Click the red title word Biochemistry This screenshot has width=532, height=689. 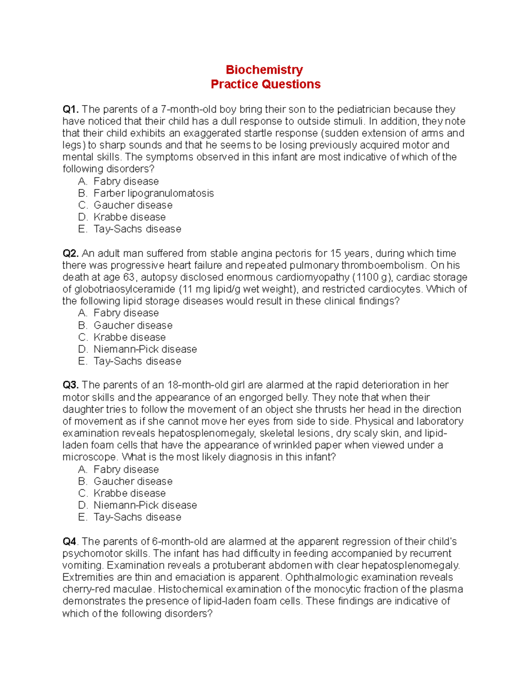264,70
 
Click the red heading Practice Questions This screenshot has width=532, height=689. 266,84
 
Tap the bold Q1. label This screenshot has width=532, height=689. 70,109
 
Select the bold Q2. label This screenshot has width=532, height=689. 70,253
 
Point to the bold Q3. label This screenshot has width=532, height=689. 70,385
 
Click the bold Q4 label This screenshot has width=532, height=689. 69,541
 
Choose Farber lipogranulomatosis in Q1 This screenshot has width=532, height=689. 153,193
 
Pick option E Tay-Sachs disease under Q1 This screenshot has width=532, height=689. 137,229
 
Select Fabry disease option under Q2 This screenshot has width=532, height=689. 126,313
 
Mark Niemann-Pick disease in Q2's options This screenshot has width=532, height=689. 145,349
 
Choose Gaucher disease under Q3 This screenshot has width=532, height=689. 133,481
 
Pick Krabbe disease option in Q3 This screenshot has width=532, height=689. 129,493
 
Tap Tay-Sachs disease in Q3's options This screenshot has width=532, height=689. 137,517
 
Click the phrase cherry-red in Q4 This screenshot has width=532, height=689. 84,589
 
